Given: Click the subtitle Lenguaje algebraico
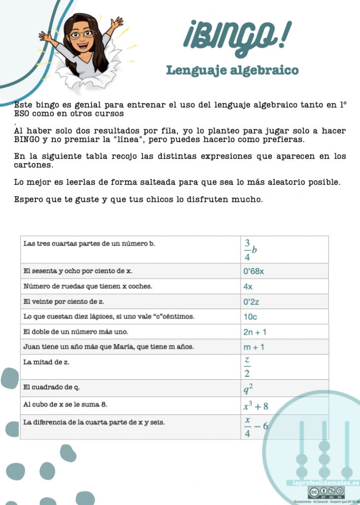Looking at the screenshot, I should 232,71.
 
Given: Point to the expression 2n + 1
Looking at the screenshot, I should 255,332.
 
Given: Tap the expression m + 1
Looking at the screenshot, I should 254,347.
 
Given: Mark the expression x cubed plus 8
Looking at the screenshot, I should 255,406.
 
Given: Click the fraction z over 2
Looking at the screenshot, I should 248,367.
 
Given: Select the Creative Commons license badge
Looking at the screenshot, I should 326,492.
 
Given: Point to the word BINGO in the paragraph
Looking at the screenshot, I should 26,140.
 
